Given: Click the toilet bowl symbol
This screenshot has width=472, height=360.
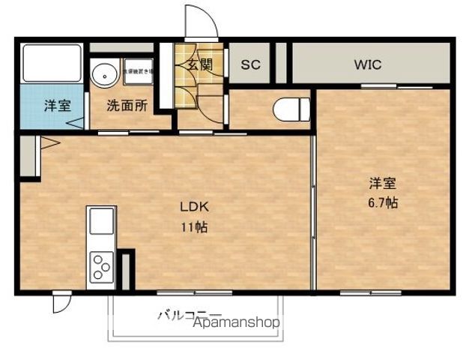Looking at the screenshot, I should (291, 110).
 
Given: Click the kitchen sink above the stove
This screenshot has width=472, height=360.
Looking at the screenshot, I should (101, 222).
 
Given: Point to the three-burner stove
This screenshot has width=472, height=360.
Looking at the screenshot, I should (101, 267).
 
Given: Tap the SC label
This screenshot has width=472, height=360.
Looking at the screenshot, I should (250, 64).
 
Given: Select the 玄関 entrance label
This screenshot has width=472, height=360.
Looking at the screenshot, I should (199, 64).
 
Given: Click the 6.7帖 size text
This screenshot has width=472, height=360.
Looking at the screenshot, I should (382, 202).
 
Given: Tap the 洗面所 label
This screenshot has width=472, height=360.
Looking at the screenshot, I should (126, 106).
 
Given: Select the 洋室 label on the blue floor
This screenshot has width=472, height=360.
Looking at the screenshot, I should (56, 106).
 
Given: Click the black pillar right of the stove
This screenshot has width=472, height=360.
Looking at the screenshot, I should (126, 269).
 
